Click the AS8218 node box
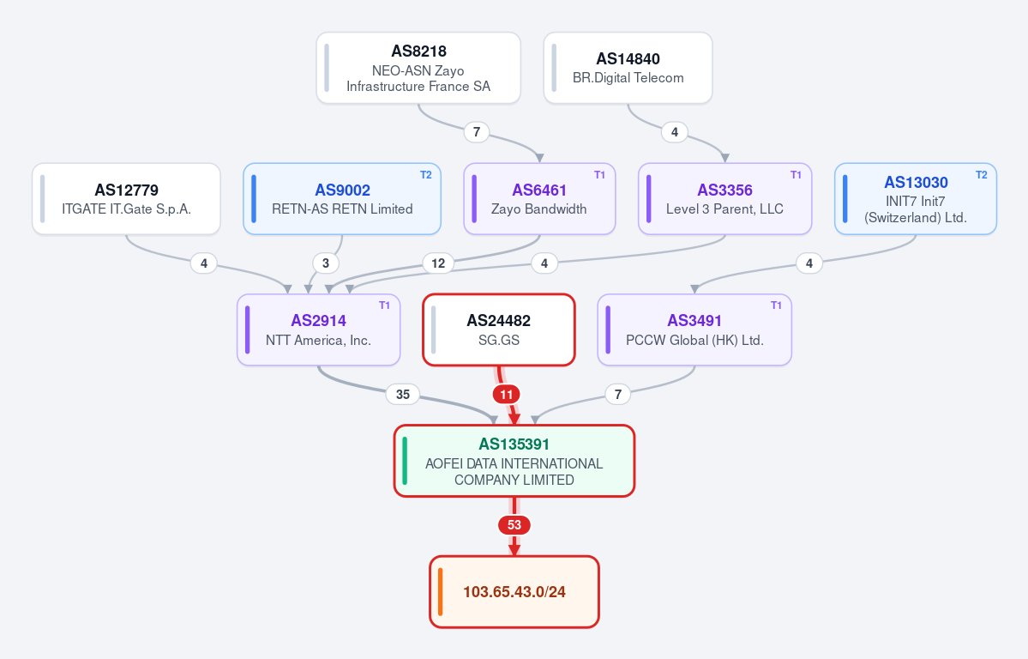(418, 69)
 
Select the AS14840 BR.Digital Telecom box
(628, 69)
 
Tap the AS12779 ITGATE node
(127, 199)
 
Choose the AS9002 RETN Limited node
(342, 199)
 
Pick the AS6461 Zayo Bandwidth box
(539, 199)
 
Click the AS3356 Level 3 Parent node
(725, 199)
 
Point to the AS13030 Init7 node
(915, 199)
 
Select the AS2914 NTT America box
(319, 329)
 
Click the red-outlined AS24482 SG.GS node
(499, 329)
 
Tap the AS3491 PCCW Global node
(694, 329)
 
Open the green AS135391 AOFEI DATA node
(514, 461)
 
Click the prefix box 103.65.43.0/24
(514, 592)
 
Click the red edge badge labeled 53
(514, 525)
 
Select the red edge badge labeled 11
(506, 395)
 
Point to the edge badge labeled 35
(403, 395)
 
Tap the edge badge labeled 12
(438, 263)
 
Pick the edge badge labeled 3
(326, 263)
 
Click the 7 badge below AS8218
(477, 132)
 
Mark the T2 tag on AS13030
(982, 174)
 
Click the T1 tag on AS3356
(796, 174)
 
